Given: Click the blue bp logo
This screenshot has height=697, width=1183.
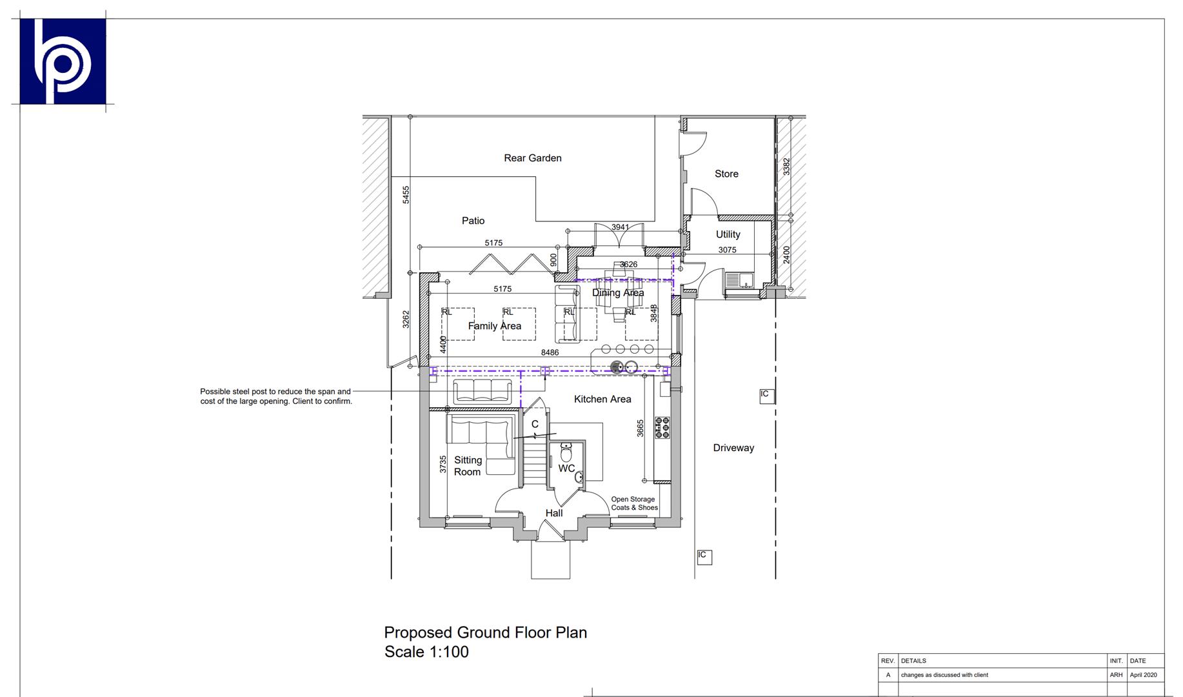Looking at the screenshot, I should [x=63, y=61].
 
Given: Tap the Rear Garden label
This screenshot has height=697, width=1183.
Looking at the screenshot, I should [x=532, y=158].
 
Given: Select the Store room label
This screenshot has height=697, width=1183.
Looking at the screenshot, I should [x=726, y=174].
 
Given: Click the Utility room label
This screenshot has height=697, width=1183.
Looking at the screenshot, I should [x=728, y=234].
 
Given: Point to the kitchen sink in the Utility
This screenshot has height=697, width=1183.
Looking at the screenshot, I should [x=739, y=280].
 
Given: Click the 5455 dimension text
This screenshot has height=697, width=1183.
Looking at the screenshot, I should [x=406, y=195].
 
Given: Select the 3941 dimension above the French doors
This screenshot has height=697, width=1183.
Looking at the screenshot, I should [x=620, y=227].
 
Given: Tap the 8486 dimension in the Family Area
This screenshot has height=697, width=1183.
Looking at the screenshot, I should [x=550, y=352].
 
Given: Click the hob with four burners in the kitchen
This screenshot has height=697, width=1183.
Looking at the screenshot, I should [x=662, y=427].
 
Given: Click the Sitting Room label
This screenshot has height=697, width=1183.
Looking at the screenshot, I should [x=468, y=466].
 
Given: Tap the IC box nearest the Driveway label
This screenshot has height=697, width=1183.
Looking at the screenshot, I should [x=766, y=395].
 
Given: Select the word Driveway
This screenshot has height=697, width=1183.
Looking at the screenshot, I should [x=733, y=448].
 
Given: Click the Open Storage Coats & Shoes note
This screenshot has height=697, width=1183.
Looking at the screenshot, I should [x=634, y=503].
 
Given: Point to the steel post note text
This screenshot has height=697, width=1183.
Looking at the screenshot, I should [x=276, y=396].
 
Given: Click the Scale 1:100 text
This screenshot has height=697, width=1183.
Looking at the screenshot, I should [x=426, y=652].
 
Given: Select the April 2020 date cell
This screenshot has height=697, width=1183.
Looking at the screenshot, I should [x=1143, y=675].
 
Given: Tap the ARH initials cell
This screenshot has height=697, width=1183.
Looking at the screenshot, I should [x=1115, y=675].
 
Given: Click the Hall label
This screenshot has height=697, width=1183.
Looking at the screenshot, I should [x=554, y=513].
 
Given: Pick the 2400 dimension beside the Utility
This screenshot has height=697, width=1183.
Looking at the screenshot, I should [x=786, y=254].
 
